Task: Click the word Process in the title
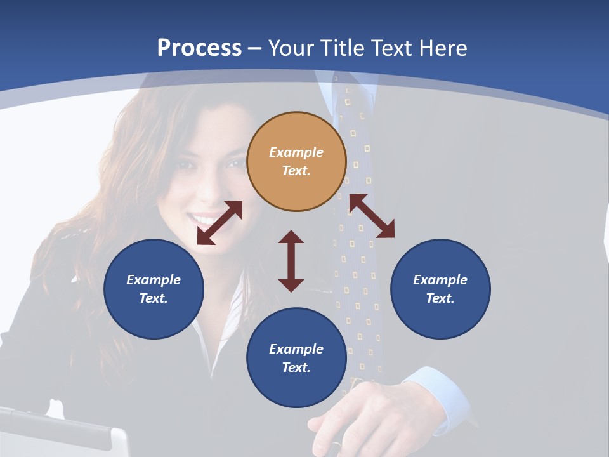199,48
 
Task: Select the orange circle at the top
296,161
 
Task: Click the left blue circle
154,289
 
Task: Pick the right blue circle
440,289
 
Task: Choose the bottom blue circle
296,358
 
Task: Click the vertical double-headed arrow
291,261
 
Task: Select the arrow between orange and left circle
219,223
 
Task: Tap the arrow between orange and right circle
372,216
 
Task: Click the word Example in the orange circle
296,152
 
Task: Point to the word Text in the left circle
153,298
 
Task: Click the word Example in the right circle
440,280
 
